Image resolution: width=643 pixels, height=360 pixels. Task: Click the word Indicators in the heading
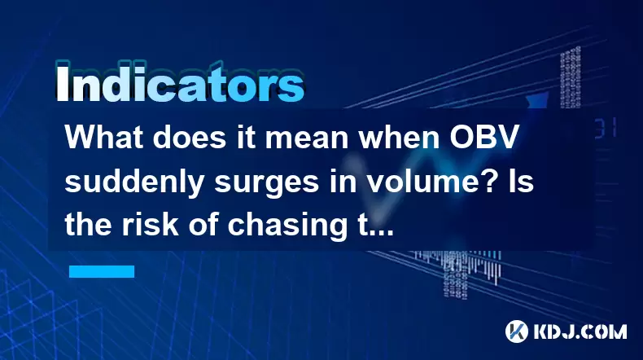180,84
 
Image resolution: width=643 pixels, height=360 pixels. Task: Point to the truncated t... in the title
374,226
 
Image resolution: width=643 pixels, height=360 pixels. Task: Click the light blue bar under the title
102,271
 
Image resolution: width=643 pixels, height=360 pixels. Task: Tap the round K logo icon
517,331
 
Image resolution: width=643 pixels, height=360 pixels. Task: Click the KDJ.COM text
580,331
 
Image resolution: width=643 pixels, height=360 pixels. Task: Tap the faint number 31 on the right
606,128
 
